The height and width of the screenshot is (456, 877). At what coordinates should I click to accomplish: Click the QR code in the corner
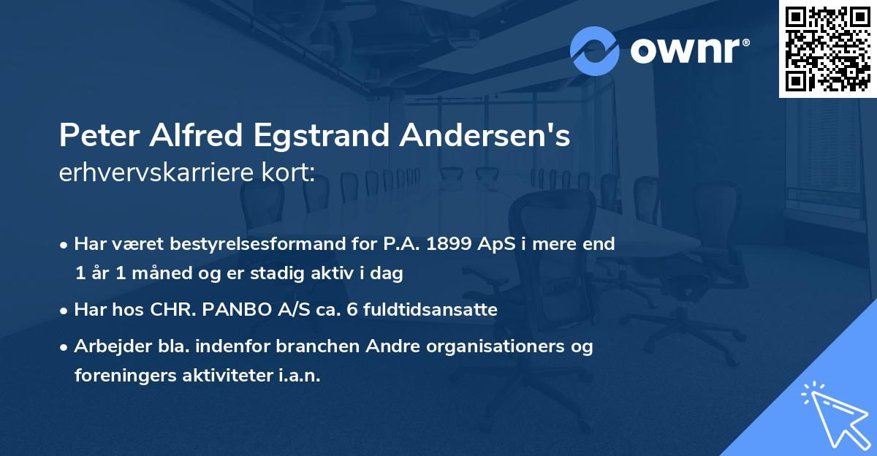[827, 49]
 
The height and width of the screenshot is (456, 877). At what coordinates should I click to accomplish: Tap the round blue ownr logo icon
[595, 50]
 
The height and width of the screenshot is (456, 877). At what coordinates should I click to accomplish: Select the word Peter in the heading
[92, 137]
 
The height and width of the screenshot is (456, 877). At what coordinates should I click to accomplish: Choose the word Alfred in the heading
[191, 137]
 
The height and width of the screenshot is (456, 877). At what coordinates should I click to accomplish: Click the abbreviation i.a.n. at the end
[298, 376]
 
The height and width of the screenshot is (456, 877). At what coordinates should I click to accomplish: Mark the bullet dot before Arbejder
[65, 347]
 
